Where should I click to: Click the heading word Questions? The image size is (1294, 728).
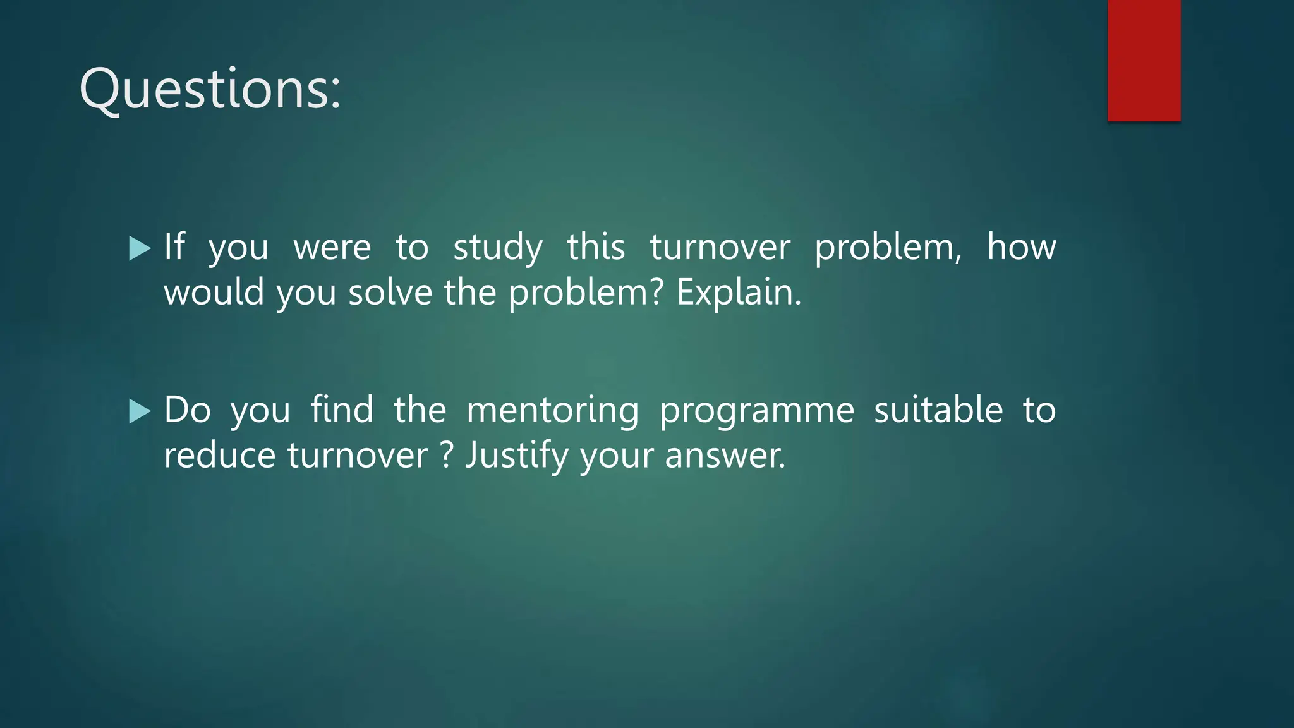(x=210, y=89)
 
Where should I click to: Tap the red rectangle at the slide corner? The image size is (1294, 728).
(x=1144, y=60)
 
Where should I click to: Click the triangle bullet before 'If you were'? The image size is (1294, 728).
(x=140, y=248)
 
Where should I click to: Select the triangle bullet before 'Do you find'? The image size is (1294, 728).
(x=140, y=411)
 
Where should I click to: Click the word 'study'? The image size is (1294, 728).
(x=498, y=248)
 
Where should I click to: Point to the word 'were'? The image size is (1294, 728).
(x=332, y=248)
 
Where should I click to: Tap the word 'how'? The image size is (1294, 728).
(x=1021, y=246)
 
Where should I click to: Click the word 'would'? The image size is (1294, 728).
(x=214, y=293)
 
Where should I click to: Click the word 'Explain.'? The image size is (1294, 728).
(x=739, y=293)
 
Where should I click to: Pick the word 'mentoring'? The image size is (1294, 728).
(x=552, y=411)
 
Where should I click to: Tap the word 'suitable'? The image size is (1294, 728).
(x=938, y=409)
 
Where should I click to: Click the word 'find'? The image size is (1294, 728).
(x=342, y=409)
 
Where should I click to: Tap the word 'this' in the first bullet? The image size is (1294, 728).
(x=596, y=246)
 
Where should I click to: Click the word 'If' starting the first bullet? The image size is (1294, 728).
(x=174, y=246)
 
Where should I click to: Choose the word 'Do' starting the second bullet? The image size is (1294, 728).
(x=187, y=409)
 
